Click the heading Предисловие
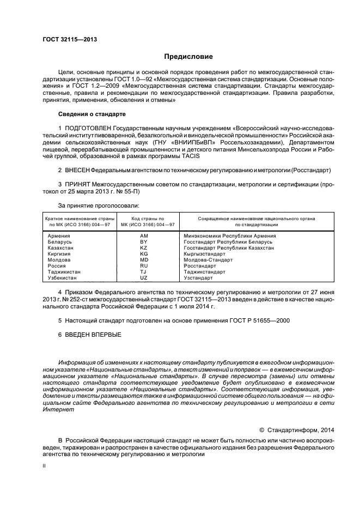click(x=189, y=57)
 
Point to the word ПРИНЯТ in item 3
click(x=77, y=185)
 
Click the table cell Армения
click(x=58, y=235)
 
